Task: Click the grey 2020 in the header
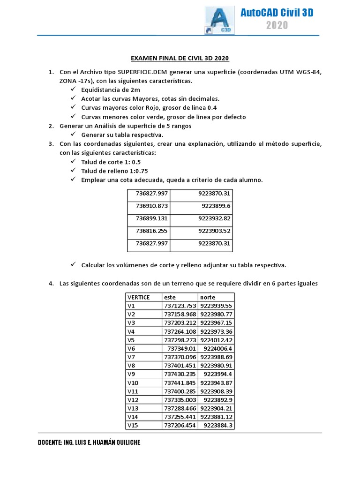click(277, 25)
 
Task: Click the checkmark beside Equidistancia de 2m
click(73, 89)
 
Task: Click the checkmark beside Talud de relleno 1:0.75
click(73, 171)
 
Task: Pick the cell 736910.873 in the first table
click(152, 206)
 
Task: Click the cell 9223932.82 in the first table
click(214, 218)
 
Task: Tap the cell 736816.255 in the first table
click(152, 231)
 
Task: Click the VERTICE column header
click(139, 297)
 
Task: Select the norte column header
click(208, 297)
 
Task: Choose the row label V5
click(131, 340)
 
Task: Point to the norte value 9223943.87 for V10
click(216, 382)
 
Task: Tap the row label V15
click(133, 425)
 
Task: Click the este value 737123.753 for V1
click(180, 306)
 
